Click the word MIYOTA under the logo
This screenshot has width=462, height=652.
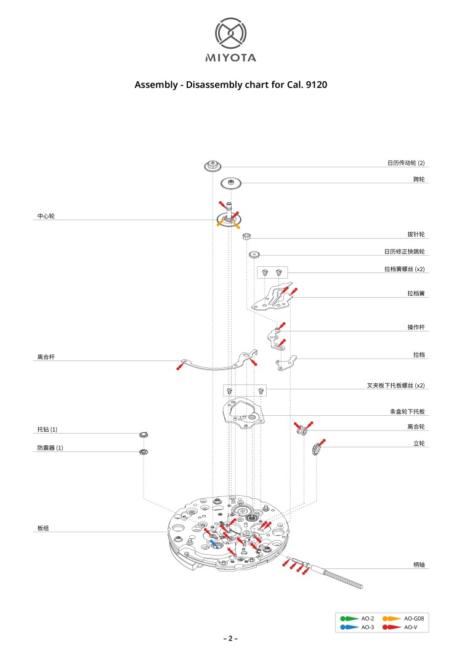point(230,58)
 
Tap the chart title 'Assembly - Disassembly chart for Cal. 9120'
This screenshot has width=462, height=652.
point(230,84)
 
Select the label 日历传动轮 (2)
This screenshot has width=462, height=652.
point(406,163)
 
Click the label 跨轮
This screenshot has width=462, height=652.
point(419,179)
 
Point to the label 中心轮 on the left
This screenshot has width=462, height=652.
point(46,217)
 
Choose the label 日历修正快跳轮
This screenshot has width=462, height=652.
point(404,252)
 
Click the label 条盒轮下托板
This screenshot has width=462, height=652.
point(407,411)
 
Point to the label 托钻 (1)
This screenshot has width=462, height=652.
point(47,429)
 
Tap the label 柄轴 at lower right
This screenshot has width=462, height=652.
point(419,564)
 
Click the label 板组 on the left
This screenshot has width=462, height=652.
point(43,528)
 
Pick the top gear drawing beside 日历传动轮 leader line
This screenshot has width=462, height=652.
point(213,165)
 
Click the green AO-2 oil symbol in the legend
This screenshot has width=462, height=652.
point(350,618)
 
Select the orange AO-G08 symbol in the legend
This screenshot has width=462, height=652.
point(392,618)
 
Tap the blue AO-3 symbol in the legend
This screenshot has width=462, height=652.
point(350,627)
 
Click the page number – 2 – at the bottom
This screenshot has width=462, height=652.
point(230,638)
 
